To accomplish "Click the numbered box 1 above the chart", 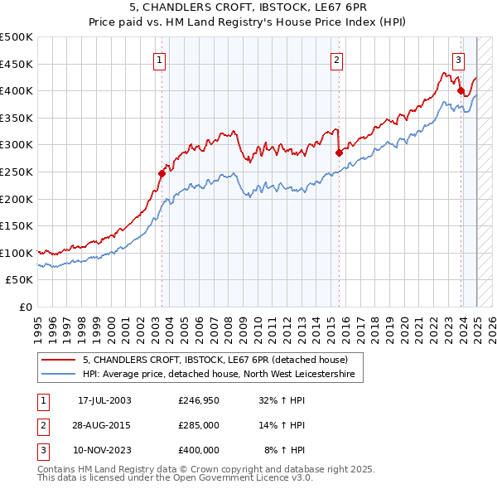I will tap(158, 59).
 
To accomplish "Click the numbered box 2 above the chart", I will tap(337, 59).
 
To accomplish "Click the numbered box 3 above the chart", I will tap(458, 59).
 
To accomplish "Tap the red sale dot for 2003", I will tap(162, 172).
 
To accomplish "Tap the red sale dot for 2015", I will tap(339, 153).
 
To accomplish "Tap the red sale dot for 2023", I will tap(461, 90).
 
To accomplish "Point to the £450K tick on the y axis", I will tap(17, 64).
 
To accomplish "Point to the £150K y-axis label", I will tap(17, 225).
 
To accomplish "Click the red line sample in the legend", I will tap(58, 360).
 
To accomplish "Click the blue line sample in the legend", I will tap(58, 375).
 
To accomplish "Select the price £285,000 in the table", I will tap(199, 426).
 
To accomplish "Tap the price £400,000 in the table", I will tap(199, 450).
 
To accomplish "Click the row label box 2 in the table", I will tap(42, 426).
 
